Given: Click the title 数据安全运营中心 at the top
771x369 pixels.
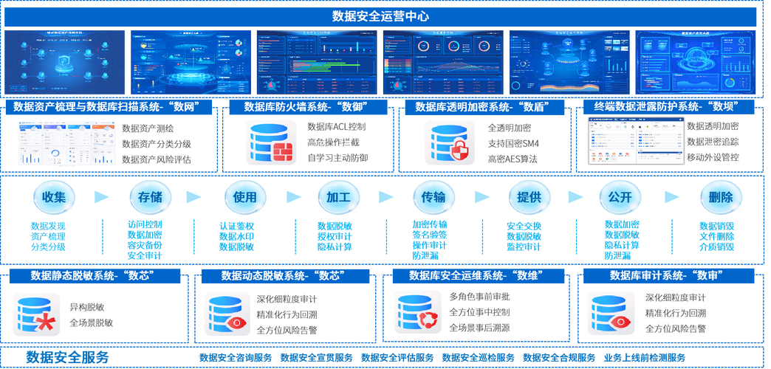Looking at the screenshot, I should (x=385, y=16).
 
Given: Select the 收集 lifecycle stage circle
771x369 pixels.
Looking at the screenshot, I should (x=55, y=197).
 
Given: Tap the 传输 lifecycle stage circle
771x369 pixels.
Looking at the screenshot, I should (x=434, y=197).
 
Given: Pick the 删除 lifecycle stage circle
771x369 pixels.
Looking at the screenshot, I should (x=720, y=197).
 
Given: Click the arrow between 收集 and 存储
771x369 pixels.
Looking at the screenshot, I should (x=102, y=197).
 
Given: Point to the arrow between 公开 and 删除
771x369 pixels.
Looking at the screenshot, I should (x=671, y=197).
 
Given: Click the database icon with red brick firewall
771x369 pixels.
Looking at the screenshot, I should (x=271, y=142).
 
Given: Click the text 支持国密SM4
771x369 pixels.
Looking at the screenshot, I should (x=513, y=143).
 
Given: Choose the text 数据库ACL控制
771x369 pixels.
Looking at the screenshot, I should (x=336, y=127).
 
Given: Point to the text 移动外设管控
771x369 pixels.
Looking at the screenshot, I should (x=713, y=158).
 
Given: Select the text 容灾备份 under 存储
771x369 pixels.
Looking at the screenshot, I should (x=145, y=245).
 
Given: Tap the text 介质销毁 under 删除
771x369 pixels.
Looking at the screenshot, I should (x=716, y=246).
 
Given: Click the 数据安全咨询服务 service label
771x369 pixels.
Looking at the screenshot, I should (x=236, y=358).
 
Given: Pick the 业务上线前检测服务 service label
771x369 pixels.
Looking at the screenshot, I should (x=644, y=358).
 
